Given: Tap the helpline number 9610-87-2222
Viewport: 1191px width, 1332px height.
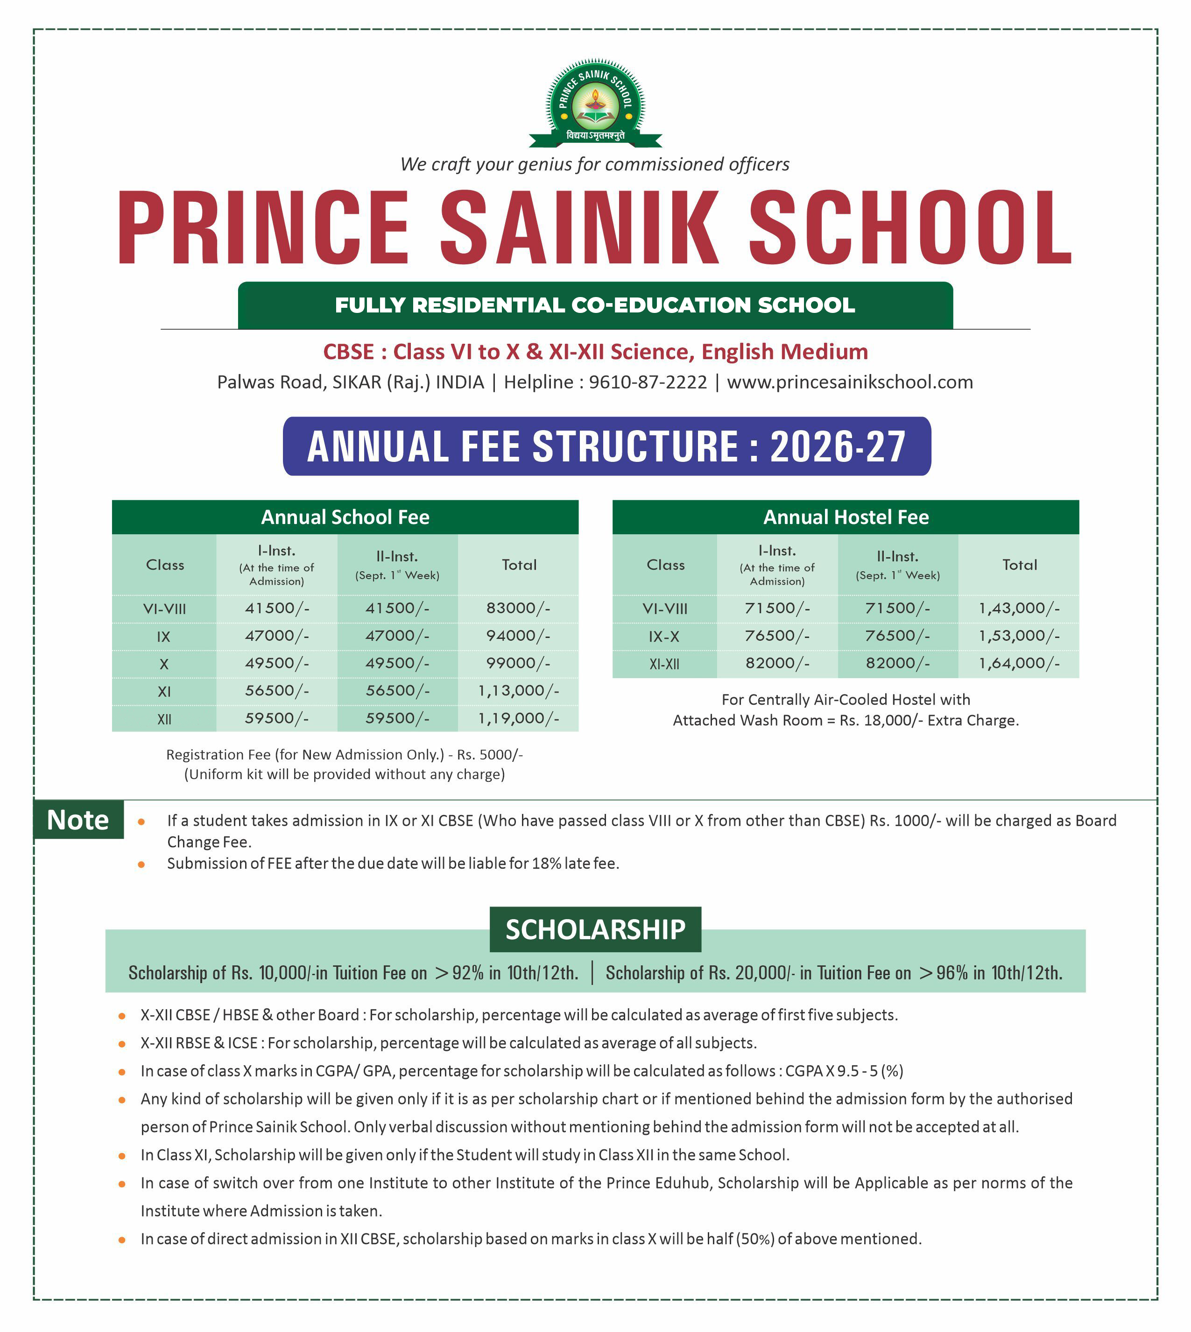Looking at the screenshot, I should coord(648,382).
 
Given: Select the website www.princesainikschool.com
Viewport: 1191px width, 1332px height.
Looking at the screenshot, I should coord(849,382).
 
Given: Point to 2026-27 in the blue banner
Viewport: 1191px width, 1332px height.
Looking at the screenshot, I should coord(838,447).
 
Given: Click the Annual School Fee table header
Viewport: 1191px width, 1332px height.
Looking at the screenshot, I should coord(345,517).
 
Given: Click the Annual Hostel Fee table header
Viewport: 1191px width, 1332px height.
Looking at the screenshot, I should coord(846,517).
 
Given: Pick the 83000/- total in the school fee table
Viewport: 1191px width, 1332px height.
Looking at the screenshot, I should coord(518,608).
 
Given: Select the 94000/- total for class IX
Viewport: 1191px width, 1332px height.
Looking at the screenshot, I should coord(518,636).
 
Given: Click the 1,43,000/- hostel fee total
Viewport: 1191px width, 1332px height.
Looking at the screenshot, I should coord(1019,608).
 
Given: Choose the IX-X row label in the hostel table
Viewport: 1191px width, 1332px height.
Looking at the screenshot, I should coord(664,636).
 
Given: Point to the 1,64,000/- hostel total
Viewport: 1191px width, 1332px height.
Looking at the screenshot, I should coord(1019,664).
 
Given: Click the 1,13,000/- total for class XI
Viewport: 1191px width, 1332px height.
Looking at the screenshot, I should coord(518,691).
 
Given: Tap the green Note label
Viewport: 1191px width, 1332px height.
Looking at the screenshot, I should coord(78,820).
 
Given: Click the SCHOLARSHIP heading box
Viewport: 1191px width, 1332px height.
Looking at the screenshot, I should coord(595,929).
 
